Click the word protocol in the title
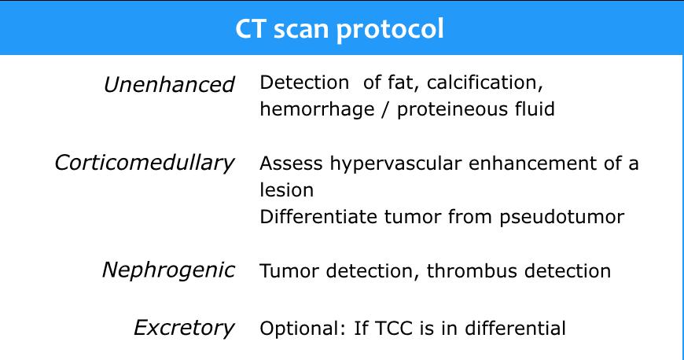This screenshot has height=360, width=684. [390, 30]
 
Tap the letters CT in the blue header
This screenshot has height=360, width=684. [250, 29]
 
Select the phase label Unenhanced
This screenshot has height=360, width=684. [169, 84]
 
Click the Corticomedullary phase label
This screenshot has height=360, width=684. [145, 163]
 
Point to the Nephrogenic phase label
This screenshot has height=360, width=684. [168, 270]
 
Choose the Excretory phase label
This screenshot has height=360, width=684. [184, 328]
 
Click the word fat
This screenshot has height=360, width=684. [397, 83]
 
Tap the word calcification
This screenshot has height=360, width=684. [484, 83]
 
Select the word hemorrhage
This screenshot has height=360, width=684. [317, 109]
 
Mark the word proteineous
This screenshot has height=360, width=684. [452, 109]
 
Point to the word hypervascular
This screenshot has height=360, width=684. [395, 164]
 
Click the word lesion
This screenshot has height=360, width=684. [287, 189]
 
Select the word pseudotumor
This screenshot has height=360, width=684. [562, 218]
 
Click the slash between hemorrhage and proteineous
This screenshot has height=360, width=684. [385, 109]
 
